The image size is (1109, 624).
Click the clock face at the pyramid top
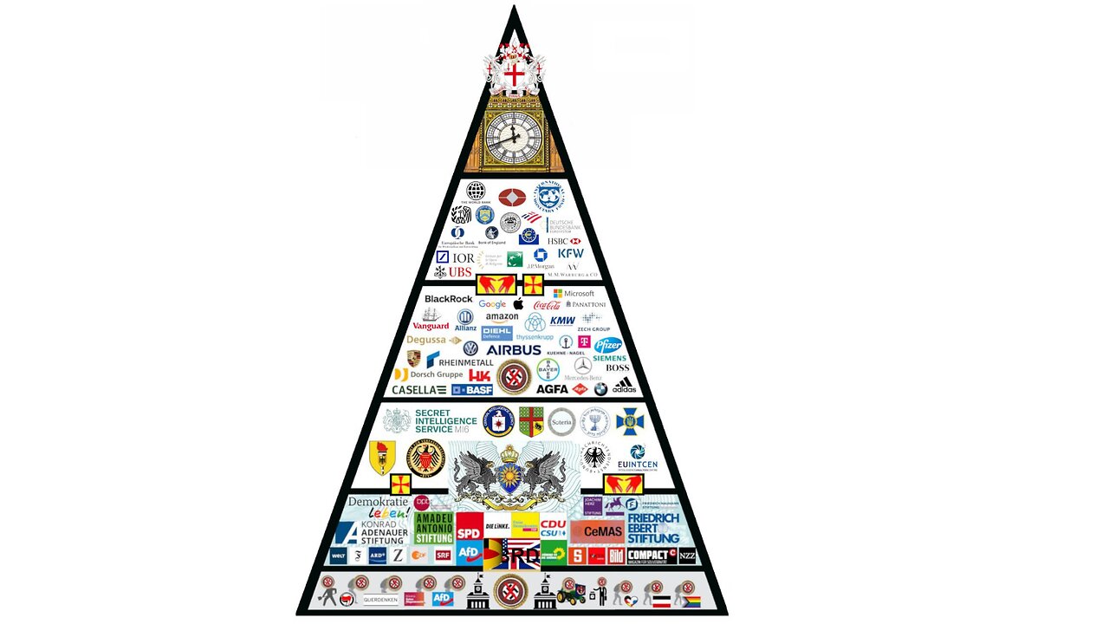tap(513, 136)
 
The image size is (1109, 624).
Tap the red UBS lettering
tap(460, 272)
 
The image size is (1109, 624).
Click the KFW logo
tap(570, 254)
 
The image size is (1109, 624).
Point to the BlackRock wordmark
tap(449, 299)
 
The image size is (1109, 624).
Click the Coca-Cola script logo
tap(547, 305)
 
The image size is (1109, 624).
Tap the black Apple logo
tap(518, 303)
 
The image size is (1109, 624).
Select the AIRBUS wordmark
tap(514, 350)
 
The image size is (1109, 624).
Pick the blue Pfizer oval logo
tap(608, 345)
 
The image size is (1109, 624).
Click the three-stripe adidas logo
tap(624, 386)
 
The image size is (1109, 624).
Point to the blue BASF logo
tap(472, 390)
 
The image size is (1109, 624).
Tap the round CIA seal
tap(498, 421)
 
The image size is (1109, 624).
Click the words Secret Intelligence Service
tap(445, 421)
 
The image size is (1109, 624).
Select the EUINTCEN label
tap(637, 465)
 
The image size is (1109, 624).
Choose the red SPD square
tap(469, 533)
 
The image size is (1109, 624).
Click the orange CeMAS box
tap(598, 531)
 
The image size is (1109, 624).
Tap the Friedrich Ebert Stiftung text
tap(653, 528)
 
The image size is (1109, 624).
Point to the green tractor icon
tap(571, 595)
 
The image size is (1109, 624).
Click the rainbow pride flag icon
tap(690, 600)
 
